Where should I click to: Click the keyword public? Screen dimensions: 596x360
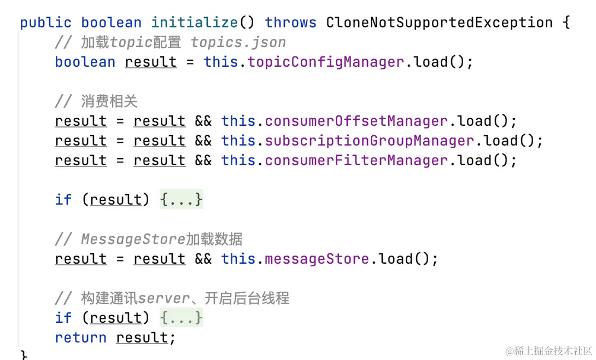coord(46,23)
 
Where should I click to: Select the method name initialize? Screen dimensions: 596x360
coord(195,23)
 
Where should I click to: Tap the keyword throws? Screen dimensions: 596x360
coord(290,23)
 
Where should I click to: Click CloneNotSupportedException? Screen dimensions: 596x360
coord(439,23)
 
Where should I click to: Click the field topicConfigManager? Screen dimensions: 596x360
coord(326,62)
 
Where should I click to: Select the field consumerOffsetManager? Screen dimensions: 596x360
coord(356,121)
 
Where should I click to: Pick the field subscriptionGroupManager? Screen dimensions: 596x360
coord(369,141)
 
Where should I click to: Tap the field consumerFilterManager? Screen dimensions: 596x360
coord(356,160)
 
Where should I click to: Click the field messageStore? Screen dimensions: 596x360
coord(317,259)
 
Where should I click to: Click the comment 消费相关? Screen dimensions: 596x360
coord(109,102)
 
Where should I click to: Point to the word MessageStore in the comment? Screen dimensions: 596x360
coord(133,240)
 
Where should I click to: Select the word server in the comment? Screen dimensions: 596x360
coord(164,299)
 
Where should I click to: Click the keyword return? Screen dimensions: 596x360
coord(81,338)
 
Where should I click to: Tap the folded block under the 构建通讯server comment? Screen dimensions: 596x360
coord(181,318)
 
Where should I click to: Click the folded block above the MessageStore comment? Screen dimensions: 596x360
coord(181,200)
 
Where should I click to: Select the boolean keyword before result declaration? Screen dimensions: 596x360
coord(85,62)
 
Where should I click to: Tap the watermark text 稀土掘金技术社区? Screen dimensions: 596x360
coord(552,350)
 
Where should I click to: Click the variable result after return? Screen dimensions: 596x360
coord(142,338)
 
